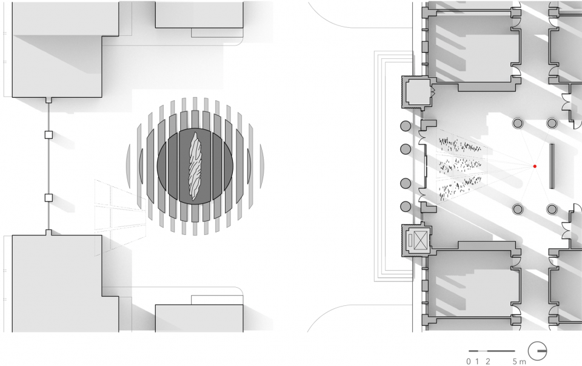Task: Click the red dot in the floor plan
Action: tap(535, 166)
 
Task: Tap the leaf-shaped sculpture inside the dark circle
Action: tap(195, 166)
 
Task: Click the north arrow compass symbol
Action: tap(538, 351)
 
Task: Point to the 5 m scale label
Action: tap(520, 361)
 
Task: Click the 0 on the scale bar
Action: tap(469, 361)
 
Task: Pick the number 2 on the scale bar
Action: tap(487, 361)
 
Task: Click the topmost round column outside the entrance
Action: tap(406, 126)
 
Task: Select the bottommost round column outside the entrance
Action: tap(406, 206)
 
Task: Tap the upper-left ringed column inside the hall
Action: tap(517, 123)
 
